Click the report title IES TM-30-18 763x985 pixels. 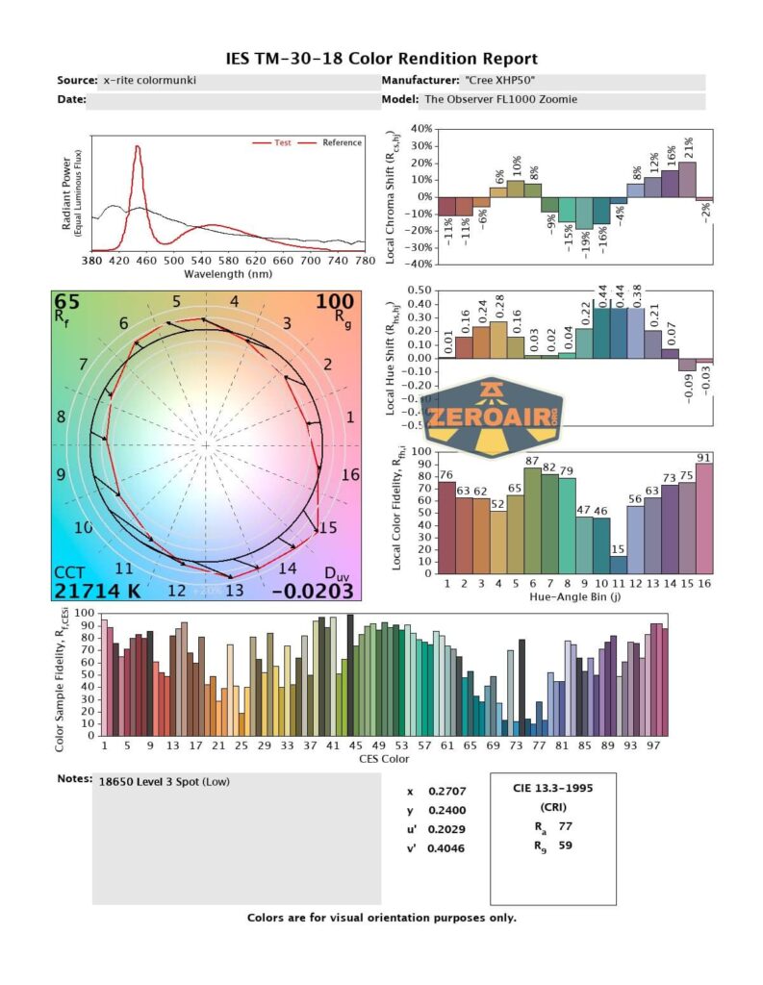[381, 59]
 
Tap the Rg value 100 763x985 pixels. [335, 302]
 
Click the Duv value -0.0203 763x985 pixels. [312, 591]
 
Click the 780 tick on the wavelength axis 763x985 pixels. [364, 261]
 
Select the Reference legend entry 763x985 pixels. [342, 143]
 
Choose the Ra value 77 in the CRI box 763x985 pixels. [566, 825]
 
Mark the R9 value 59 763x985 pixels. [566, 847]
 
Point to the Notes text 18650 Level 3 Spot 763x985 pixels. [164, 781]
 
